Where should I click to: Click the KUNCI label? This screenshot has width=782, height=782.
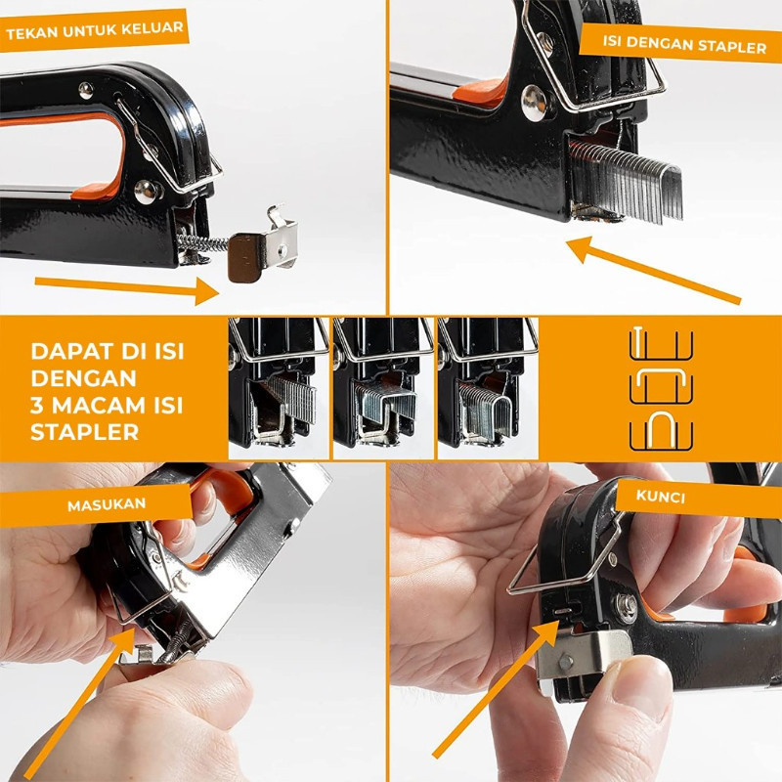point(662,497)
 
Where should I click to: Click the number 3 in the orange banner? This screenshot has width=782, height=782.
point(37,404)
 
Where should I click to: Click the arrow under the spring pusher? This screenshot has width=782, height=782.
point(127,287)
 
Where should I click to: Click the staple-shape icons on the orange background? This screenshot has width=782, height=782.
point(661,391)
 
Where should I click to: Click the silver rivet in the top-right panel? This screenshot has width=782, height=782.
point(534,102)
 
